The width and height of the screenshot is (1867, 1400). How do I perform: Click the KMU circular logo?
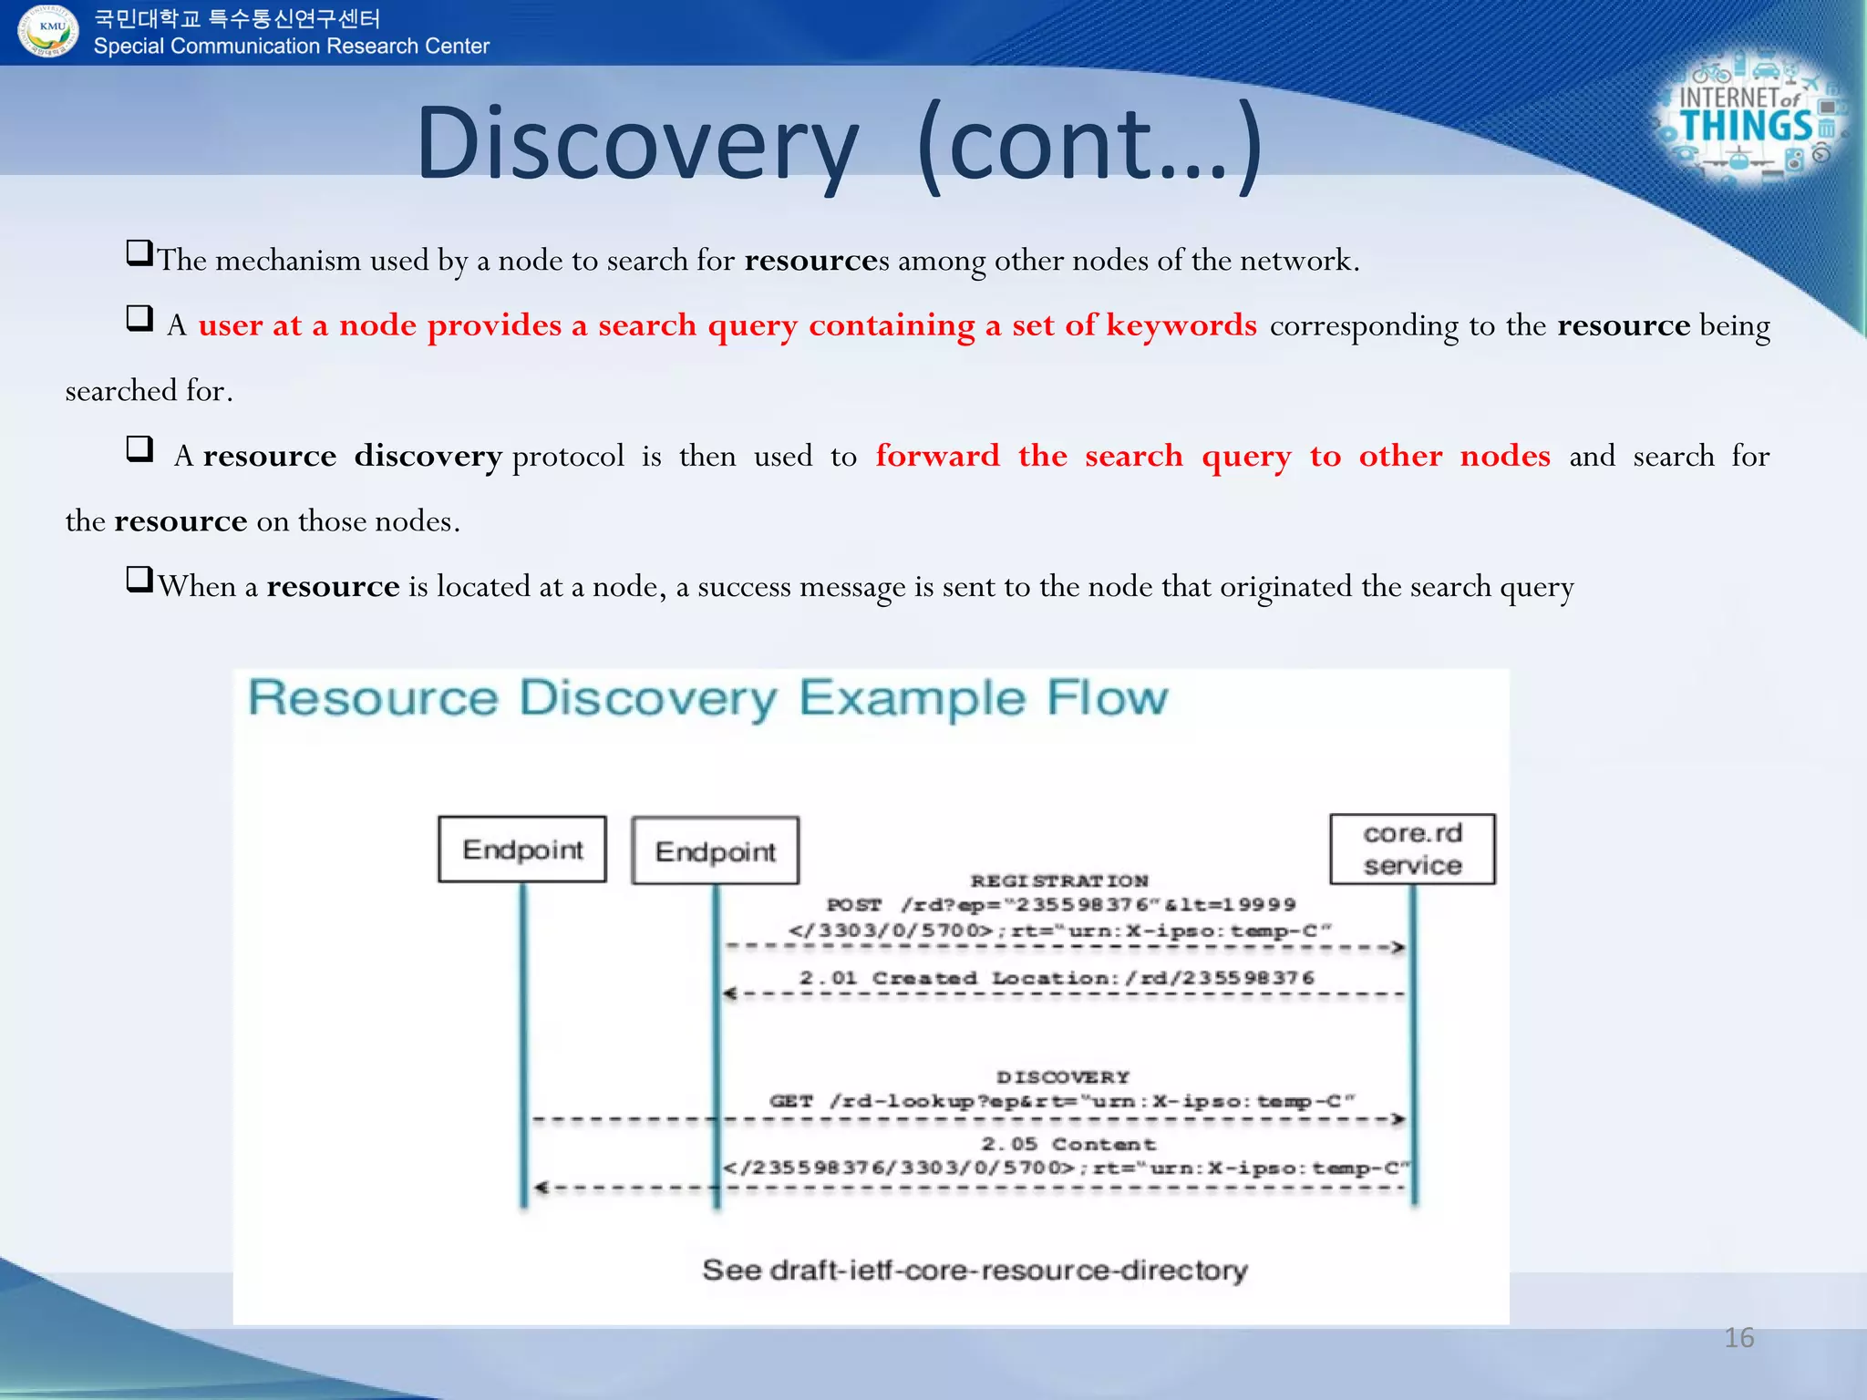[47, 30]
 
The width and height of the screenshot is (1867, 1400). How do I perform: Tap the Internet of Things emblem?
[1748, 118]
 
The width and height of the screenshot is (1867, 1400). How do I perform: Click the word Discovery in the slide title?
[637, 144]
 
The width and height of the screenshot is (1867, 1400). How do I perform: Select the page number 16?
[1738, 1338]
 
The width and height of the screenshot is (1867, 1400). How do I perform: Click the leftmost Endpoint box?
[522, 849]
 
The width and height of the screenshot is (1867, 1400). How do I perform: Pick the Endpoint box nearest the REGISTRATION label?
[716, 851]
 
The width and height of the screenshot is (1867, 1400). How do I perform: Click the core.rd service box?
[1412, 849]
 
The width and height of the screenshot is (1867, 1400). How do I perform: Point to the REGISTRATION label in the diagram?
[1058, 880]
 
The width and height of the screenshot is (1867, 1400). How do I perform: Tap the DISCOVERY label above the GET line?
[1062, 1076]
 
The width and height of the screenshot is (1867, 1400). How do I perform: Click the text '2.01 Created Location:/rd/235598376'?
[1057, 978]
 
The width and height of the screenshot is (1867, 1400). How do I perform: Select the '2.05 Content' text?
[1068, 1144]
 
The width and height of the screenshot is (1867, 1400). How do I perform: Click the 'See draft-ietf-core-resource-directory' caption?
[974, 1270]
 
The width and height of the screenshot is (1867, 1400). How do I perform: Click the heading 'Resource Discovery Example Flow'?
[707, 698]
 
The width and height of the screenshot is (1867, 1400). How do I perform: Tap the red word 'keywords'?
[1181, 325]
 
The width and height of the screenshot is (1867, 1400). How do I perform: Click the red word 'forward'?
[937, 456]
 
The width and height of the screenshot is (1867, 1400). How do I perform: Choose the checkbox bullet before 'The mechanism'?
[139, 252]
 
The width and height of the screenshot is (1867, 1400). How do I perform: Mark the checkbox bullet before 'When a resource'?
[139, 579]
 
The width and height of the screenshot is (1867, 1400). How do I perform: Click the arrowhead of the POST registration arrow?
[1398, 947]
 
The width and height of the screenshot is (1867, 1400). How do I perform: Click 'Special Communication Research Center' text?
[291, 46]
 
